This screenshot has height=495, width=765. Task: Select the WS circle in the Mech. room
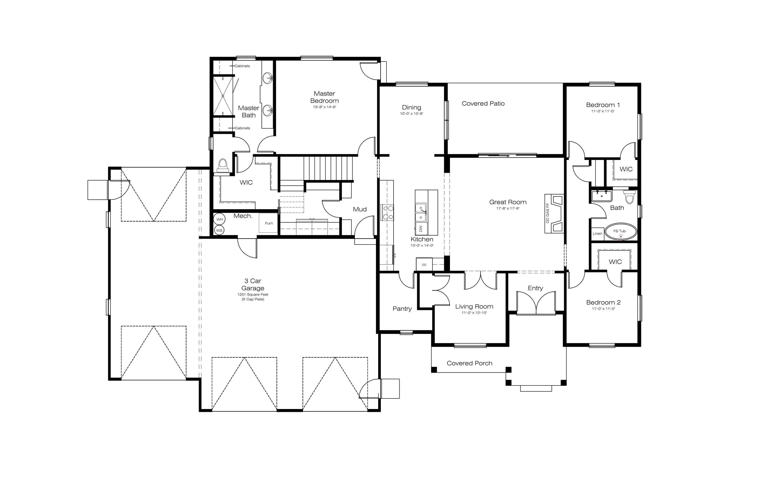click(219, 230)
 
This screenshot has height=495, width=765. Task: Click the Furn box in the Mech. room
click(268, 223)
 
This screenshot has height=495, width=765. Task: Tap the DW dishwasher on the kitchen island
click(421, 229)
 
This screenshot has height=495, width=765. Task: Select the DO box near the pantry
click(424, 264)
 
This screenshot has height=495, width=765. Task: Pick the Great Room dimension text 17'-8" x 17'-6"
click(508, 208)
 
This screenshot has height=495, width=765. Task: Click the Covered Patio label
click(483, 103)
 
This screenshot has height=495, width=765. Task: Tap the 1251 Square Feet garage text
click(253, 295)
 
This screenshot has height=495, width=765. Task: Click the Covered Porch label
click(470, 363)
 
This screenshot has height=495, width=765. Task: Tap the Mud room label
click(360, 209)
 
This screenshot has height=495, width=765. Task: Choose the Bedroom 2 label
click(603, 302)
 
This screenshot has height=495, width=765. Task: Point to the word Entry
click(535, 288)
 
